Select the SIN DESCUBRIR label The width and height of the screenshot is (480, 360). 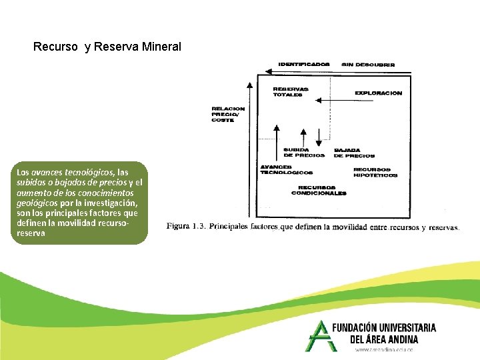coord(368,65)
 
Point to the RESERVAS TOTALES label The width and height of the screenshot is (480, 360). coord(291,92)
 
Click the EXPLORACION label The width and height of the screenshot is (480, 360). coord(379,93)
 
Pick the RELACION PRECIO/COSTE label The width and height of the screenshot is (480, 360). coord(228,114)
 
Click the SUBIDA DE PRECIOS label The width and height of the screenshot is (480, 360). coord(304,153)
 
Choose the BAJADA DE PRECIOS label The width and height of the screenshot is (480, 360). coord(354,153)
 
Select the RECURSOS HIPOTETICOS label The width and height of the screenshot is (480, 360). coord(375,172)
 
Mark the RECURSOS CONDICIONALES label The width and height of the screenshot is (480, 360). coord(319,190)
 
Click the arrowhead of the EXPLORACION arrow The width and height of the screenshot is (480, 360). coord(318,101)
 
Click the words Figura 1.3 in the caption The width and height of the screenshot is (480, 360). coord(186,226)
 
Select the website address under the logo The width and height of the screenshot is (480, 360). coord(384,349)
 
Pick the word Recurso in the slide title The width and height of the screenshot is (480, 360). coord(56,47)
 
